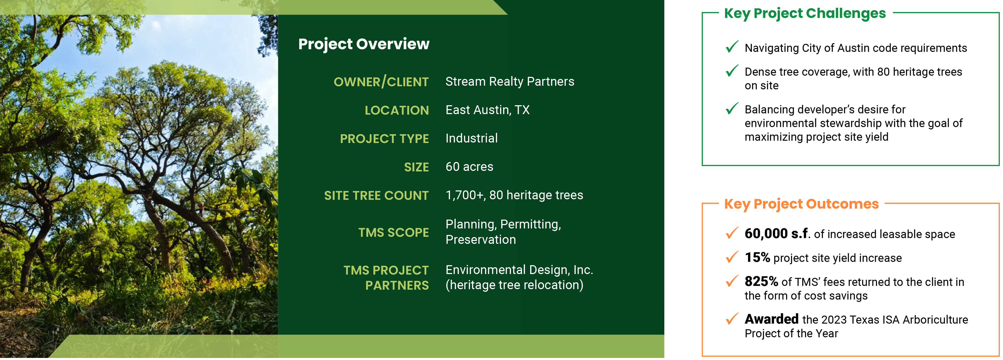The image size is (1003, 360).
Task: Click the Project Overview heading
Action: (x=364, y=44)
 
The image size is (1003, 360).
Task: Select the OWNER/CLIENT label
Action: (x=381, y=82)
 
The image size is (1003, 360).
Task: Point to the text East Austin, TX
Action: (x=487, y=110)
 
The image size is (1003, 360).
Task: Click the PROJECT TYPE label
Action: (x=384, y=139)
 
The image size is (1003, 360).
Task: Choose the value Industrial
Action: (x=472, y=138)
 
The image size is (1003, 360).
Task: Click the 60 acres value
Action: (x=469, y=166)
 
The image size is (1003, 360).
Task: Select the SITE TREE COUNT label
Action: (x=376, y=195)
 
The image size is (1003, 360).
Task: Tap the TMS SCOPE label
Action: (x=393, y=232)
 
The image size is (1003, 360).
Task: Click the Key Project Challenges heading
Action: (x=805, y=14)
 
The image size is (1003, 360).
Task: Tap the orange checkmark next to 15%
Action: (x=732, y=257)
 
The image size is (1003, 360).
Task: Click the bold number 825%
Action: (x=761, y=281)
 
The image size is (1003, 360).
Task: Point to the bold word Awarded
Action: (x=771, y=319)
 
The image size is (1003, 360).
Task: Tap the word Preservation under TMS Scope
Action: (x=481, y=240)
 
